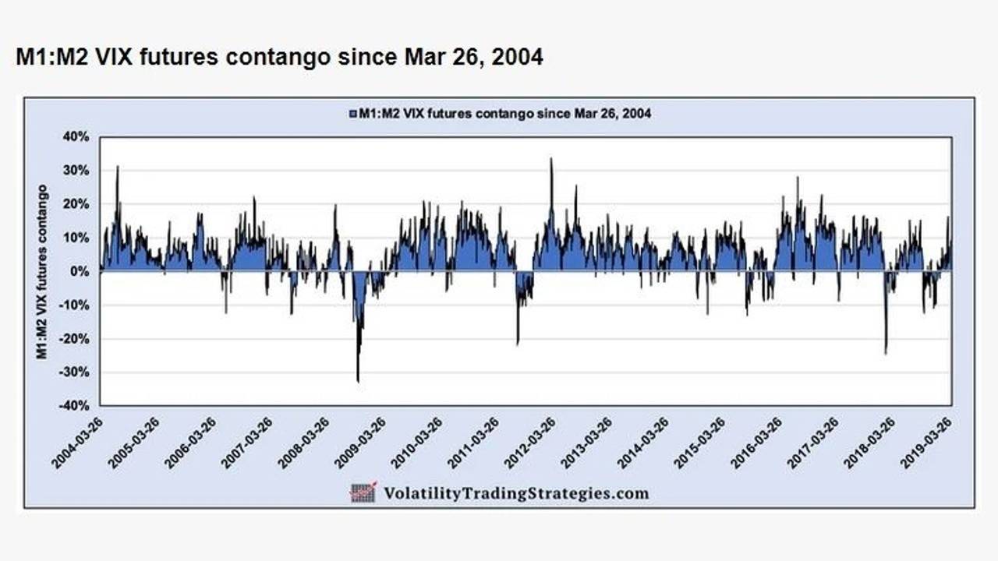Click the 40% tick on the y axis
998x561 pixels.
(79, 136)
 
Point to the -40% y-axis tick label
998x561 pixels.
(76, 406)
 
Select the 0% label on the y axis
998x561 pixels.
(82, 271)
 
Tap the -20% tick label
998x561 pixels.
(76, 339)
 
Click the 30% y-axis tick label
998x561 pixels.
(79, 170)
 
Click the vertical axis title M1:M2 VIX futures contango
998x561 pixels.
(42, 271)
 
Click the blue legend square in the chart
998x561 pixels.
(353, 114)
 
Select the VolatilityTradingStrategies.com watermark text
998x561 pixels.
(515, 493)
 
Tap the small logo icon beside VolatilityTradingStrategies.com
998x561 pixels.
(363, 492)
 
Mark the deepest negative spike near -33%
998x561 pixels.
(358, 381)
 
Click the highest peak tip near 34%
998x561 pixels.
(551, 159)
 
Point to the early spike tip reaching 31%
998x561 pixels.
(118, 167)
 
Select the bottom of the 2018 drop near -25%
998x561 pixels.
(886, 353)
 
